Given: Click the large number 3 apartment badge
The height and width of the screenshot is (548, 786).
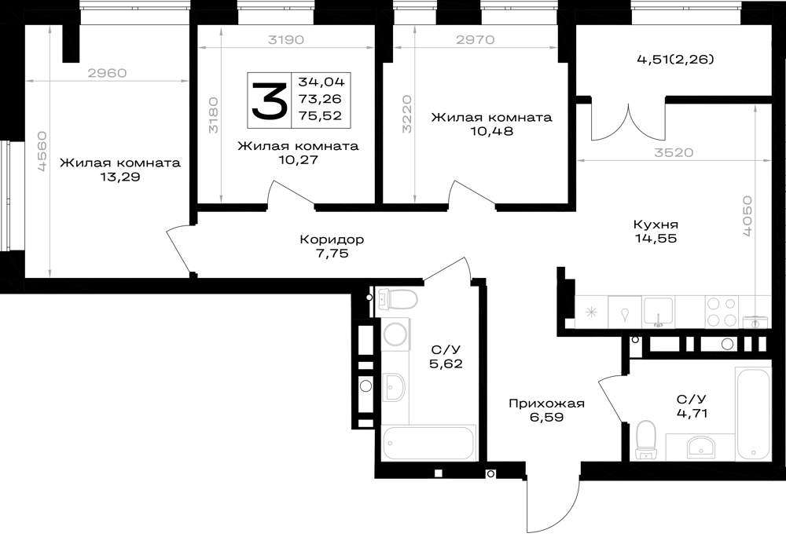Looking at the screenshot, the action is pos(269,100).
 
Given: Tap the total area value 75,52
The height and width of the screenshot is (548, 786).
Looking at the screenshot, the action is pos(321,115).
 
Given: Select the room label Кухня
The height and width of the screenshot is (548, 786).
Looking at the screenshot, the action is pos(656,224).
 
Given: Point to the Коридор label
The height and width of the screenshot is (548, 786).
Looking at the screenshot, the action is pos(332,239).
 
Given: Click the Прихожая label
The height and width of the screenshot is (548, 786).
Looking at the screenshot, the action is pos(546,404).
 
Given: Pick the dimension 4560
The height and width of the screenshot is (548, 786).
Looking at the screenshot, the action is pos(42,152).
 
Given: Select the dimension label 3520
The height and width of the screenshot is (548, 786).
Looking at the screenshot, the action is pos(674,152).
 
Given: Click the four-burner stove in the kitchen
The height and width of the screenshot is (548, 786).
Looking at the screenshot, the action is pos(722,312).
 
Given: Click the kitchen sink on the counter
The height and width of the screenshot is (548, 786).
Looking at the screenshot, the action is pos(659,312).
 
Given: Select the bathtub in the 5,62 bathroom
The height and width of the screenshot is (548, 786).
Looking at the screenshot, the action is pos(428,442).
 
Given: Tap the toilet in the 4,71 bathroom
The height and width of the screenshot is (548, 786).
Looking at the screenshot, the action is pos(645,440).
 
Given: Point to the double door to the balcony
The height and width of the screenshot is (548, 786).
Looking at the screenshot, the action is pos(628,122).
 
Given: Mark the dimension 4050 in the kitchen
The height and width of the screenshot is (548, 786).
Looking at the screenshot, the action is pos(747,216).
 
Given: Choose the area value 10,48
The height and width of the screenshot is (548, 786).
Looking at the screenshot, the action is pos(491,131).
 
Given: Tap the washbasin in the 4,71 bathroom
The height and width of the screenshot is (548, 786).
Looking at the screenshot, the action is pos(702,446).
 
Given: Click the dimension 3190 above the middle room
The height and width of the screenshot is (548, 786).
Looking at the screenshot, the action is pos(286,39).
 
